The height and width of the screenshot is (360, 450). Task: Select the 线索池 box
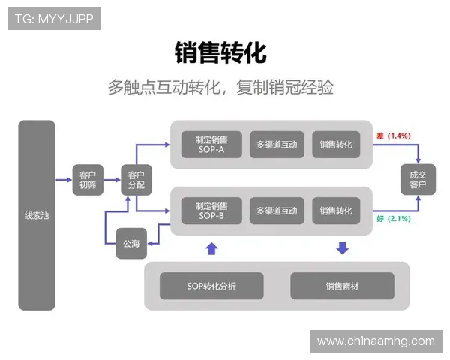37,215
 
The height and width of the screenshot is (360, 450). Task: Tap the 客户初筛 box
88,180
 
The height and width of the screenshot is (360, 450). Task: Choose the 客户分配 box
136,180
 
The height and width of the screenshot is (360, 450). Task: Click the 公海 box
131,243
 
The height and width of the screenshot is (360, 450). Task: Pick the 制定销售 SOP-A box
211,145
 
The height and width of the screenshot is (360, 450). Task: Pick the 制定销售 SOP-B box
211,211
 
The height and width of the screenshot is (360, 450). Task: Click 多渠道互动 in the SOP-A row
277,145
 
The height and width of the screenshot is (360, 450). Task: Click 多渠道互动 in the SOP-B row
277,211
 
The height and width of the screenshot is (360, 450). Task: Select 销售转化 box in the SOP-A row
335,145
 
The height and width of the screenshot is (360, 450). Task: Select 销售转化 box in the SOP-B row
335,211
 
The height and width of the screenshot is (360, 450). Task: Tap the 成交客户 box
418,180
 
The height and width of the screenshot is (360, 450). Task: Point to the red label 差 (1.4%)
393,136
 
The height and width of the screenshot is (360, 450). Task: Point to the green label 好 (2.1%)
393,219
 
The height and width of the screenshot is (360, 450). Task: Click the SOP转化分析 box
211,286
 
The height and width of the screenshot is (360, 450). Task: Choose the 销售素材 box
342,286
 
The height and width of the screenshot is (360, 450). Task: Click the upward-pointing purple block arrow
211,248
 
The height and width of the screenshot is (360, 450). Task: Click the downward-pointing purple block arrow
342,248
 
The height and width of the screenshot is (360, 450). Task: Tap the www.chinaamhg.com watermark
375,341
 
